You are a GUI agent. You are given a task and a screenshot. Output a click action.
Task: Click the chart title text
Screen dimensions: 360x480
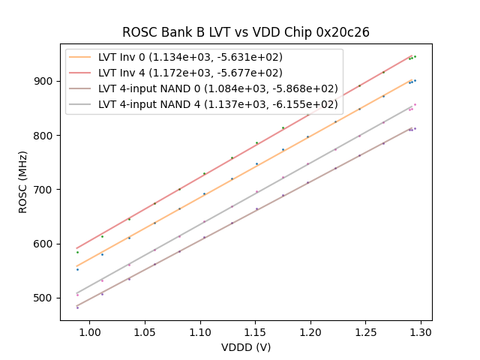point(246,32)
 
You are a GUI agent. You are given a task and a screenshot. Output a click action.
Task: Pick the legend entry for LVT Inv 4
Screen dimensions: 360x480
point(190,73)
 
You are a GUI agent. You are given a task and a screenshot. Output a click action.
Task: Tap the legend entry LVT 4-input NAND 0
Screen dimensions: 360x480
point(217,88)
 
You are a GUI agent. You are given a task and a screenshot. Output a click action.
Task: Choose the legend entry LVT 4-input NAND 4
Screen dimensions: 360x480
point(217,104)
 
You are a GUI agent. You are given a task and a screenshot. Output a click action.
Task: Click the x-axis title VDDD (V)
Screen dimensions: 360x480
point(246,347)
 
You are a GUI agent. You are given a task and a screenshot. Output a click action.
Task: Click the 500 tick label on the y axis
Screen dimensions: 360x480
point(45,298)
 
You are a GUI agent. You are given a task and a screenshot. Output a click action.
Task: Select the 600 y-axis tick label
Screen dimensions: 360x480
point(45,244)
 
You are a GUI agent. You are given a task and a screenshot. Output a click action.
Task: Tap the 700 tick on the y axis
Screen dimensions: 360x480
point(45,190)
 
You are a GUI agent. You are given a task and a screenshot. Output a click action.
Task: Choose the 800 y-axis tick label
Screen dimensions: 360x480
point(45,136)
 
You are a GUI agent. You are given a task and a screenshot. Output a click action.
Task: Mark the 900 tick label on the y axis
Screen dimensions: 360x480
point(45,81)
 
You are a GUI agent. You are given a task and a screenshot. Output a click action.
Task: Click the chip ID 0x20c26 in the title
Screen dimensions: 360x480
point(343,32)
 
